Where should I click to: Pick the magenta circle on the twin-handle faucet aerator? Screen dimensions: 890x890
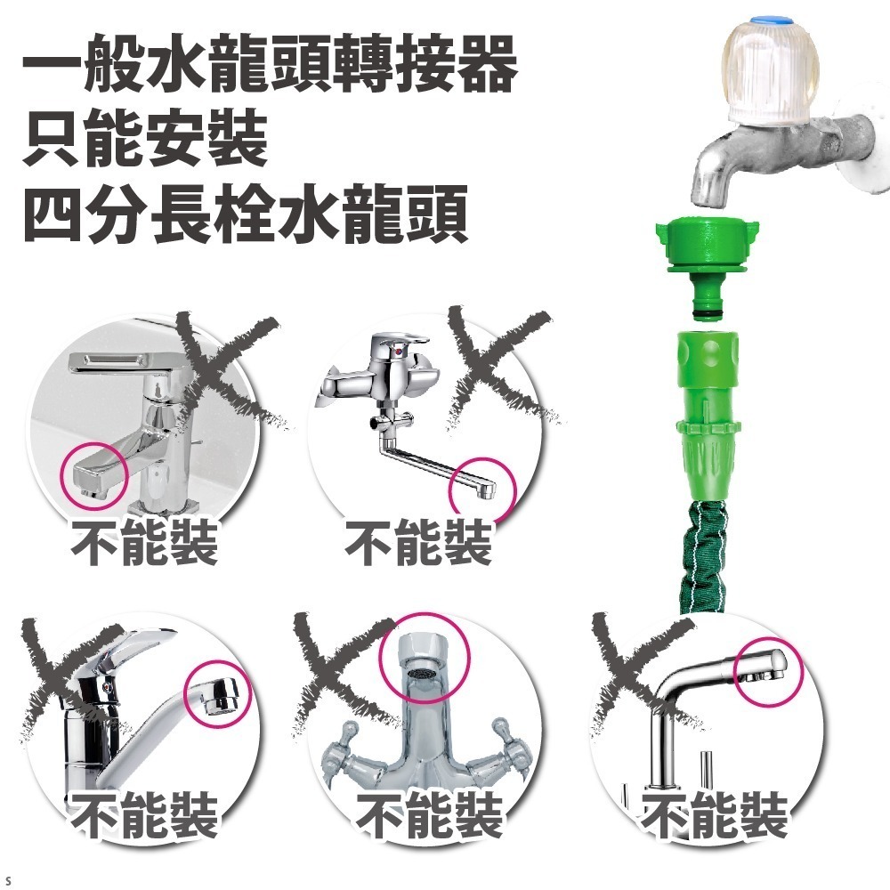pos(425,659)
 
